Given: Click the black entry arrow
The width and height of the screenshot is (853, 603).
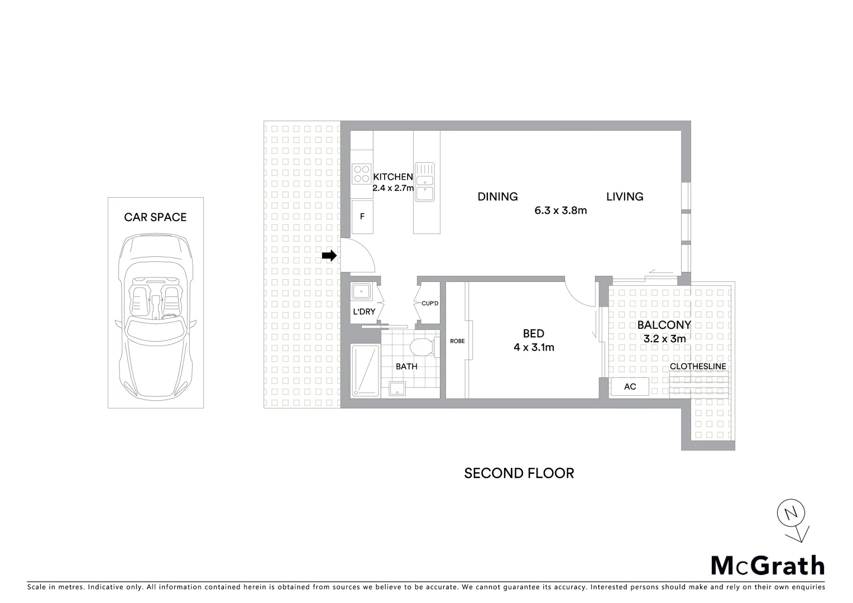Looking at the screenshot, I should [329, 256].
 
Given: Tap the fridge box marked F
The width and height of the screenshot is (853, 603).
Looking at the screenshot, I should [362, 217].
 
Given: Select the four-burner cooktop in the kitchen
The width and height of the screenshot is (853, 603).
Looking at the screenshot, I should [362, 173].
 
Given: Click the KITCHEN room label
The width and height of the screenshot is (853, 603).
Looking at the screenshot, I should [393, 176].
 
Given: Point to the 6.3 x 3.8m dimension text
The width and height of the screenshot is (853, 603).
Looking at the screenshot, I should [560, 210].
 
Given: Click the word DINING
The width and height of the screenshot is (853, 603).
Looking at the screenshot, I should [497, 197].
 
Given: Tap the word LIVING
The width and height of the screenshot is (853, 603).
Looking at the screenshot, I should [625, 197].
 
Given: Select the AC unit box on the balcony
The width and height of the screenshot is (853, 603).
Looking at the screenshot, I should [630, 386].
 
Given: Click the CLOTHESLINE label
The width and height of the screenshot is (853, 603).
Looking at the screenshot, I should [698, 366].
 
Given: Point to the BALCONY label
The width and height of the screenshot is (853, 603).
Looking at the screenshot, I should [664, 325].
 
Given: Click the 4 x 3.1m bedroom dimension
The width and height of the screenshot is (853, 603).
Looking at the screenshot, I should [534, 347].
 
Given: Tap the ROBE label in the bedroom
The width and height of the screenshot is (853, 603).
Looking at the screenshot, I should [457, 341].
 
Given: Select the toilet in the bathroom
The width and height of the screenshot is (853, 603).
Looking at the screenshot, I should [422, 346].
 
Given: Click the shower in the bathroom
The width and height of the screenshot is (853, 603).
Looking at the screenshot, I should [365, 371].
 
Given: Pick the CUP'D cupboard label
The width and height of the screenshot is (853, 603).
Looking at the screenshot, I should [430, 303].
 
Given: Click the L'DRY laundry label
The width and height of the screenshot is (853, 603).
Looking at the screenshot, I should [364, 312].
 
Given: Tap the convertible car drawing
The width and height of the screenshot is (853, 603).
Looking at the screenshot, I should [155, 315].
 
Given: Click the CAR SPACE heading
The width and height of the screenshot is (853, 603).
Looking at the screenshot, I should [155, 217].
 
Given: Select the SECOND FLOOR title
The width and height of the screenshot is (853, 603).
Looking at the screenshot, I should [519, 473].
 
